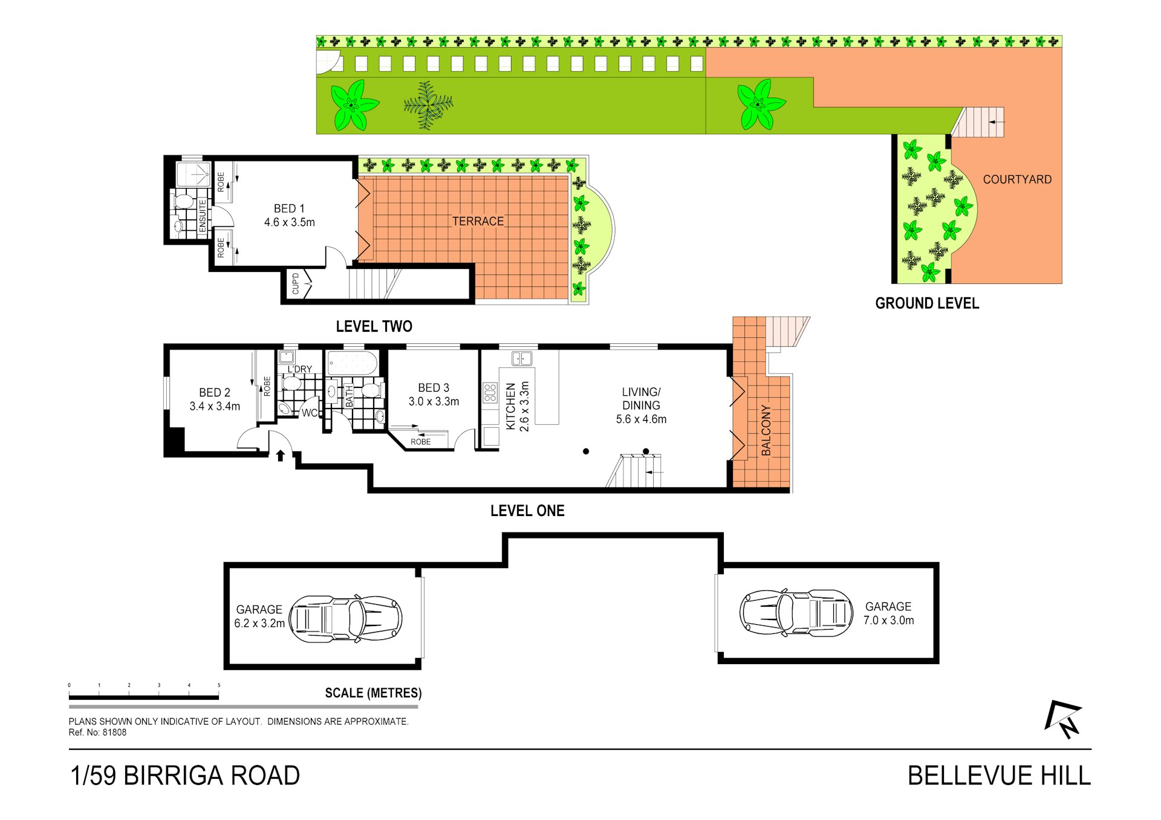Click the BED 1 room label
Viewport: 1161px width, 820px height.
pyautogui.click(x=289, y=208)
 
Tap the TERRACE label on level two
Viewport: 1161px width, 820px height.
pyautogui.click(x=478, y=221)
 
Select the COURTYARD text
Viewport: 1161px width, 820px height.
pyautogui.click(x=1017, y=179)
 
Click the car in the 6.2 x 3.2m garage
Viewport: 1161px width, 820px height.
pyautogui.click(x=346, y=619)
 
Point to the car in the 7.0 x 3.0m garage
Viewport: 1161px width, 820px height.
pyautogui.click(x=796, y=613)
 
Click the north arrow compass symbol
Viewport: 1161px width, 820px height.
pyautogui.click(x=1064, y=719)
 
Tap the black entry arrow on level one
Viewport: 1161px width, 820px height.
pyautogui.click(x=281, y=456)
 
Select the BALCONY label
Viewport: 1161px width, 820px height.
pyautogui.click(x=766, y=430)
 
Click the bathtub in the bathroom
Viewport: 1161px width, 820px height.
pyautogui.click(x=353, y=364)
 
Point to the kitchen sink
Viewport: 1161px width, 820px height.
pyautogui.click(x=522, y=359)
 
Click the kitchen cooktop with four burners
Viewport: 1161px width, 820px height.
pyautogui.click(x=490, y=393)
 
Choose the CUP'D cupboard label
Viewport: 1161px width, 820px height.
pyautogui.click(x=296, y=284)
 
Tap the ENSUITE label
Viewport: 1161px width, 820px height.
pyautogui.click(x=203, y=216)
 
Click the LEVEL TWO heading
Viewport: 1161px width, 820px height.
pyautogui.click(x=374, y=326)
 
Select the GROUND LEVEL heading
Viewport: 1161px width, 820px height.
pyautogui.click(x=926, y=303)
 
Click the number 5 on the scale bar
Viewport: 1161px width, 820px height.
pyautogui.click(x=219, y=685)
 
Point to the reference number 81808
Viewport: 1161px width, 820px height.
pyautogui.click(x=114, y=732)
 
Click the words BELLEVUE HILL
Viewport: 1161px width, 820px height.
pyautogui.click(x=999, y=776)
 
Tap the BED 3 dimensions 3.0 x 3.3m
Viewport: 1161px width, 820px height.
pyautogui.click(x=434, y=401)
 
